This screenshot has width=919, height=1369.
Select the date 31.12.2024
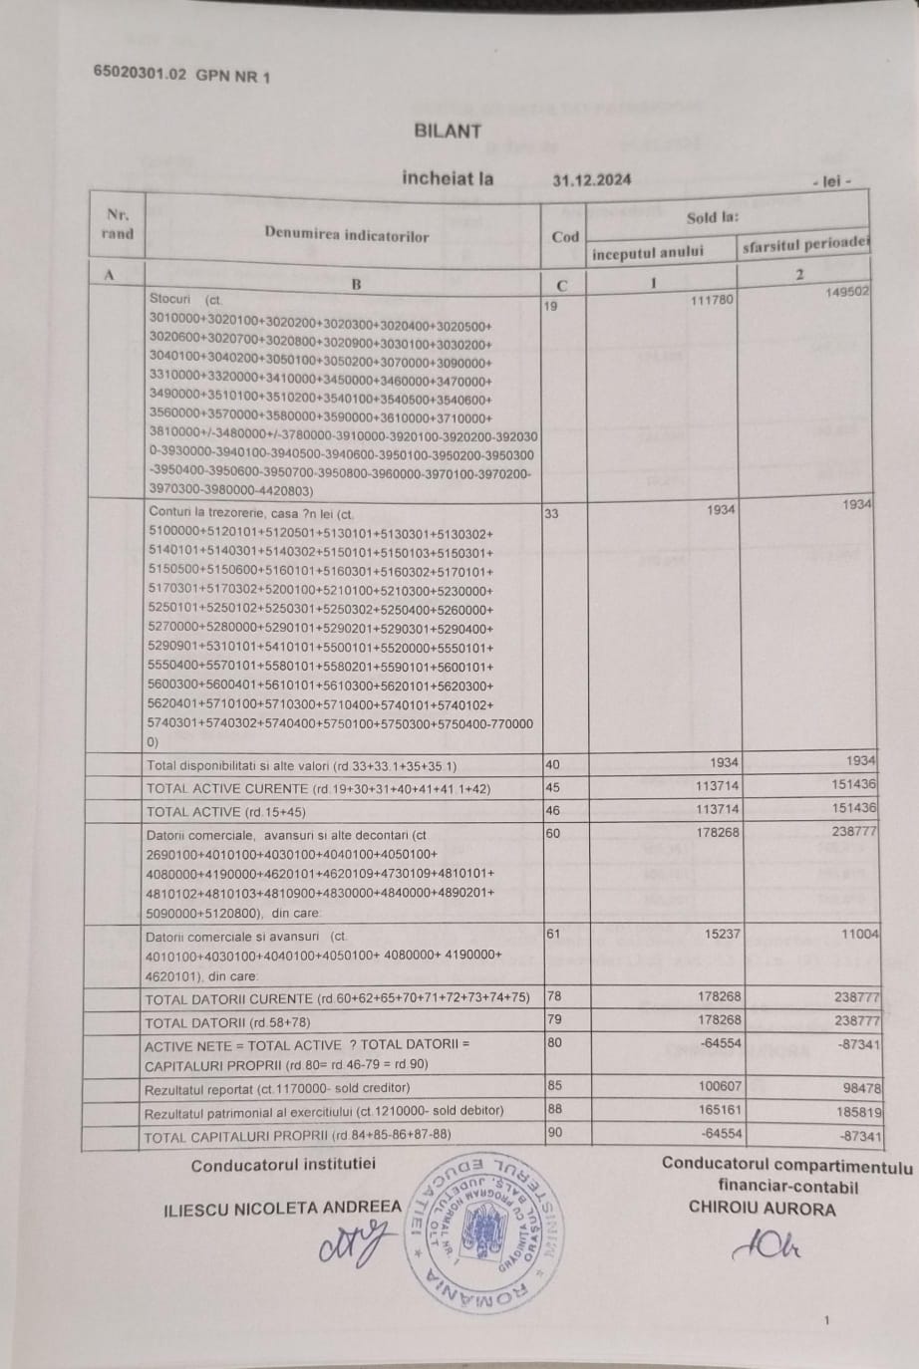pyautogui.click(x=592, y=180)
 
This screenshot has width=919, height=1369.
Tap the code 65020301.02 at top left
pyautogui.click(x=140, y=73)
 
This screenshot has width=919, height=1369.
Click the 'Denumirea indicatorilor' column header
pyautogui.click(x=346, y=235)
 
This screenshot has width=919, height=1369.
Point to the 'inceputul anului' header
pyautogui.click(x=647, y=252)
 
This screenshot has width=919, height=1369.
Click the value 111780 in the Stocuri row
pyautogui.click(x=713, y=300)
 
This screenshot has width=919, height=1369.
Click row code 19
pyautogui.click(x=551, y=306)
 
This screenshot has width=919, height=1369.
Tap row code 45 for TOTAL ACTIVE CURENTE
pyautogui.click(x=552, y=787)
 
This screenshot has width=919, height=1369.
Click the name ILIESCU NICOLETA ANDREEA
pyautogui.click(x=282, y=1208)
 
